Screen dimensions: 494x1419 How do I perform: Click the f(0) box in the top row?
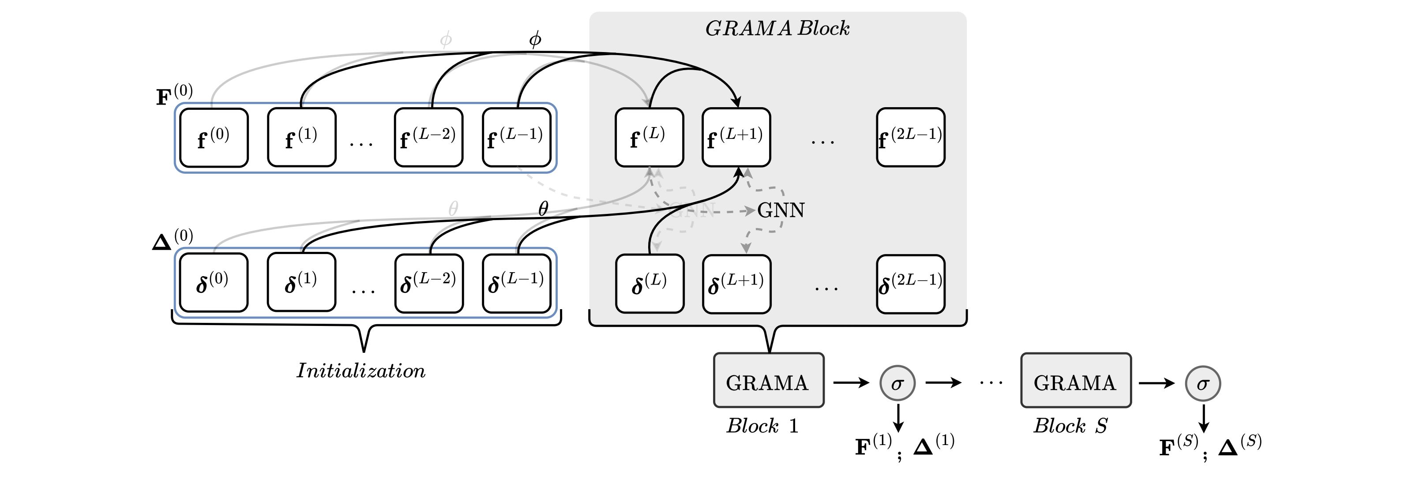pyautogui.click(x=214, y=138)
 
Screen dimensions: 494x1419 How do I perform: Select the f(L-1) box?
pyautogui.click(x=516, y=138)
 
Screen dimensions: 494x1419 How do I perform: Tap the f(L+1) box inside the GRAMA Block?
pyautogui.click(x=736, y=138)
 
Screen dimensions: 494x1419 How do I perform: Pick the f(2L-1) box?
pyautogui.click(x=911, y=138)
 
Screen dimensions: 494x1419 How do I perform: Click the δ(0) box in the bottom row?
pyautogui.click(x=213, y=283)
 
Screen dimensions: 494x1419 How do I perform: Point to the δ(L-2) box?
pyautogui.click(x=428, y=283)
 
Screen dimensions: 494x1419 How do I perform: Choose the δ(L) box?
pyautogui.click(x=649, y=284)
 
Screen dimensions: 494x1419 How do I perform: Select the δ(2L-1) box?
pyautogui.click(x=911, y=284)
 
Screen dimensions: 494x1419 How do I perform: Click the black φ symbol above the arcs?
pyautogui.click(x=535, y=40)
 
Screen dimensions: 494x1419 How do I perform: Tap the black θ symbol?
pyautogui.click(x=543, y=209)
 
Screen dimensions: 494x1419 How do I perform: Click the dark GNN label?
pyautogui.click(x=781, y=210)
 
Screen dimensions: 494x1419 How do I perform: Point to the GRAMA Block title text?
pyautogui.click(x=777, y=29)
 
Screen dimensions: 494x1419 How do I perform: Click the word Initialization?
pyautogui.click(x=361, y=370)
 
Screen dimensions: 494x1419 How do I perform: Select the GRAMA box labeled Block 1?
pyautogui.click(x=769, y=381)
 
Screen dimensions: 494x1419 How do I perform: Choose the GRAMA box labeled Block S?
pyautogui.click(x=1075, y=381)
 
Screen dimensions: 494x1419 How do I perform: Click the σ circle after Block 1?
pyautogui.click(x=897, y=383)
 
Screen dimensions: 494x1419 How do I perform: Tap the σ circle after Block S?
pyautogui.click(x=1203, y=383)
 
